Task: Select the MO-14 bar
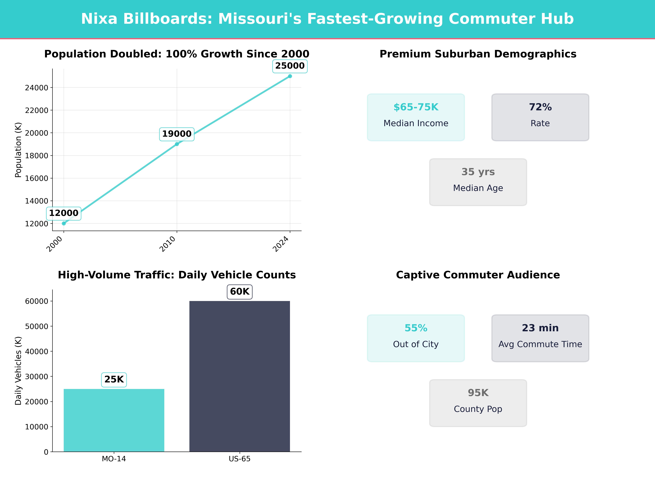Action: pos(114,420)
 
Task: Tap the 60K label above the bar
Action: pos(240,291)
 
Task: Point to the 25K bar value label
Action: pos(114,379)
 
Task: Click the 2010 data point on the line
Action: pos(177,144)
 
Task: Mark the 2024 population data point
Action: pos(290,76)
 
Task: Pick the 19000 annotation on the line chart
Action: pos(177,134)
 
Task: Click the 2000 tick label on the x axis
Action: pos(55,244)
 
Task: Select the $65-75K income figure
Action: pos(416,107)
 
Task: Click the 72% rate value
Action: pos(540,107)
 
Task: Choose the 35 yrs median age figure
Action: pos(478,172)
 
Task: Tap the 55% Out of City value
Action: pos(416,328)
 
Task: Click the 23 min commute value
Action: pos(540,328)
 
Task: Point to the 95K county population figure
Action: pos(478,393)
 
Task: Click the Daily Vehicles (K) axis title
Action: pos(18,371)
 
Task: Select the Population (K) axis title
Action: pos(18,150)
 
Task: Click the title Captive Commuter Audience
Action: pos(478,275)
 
